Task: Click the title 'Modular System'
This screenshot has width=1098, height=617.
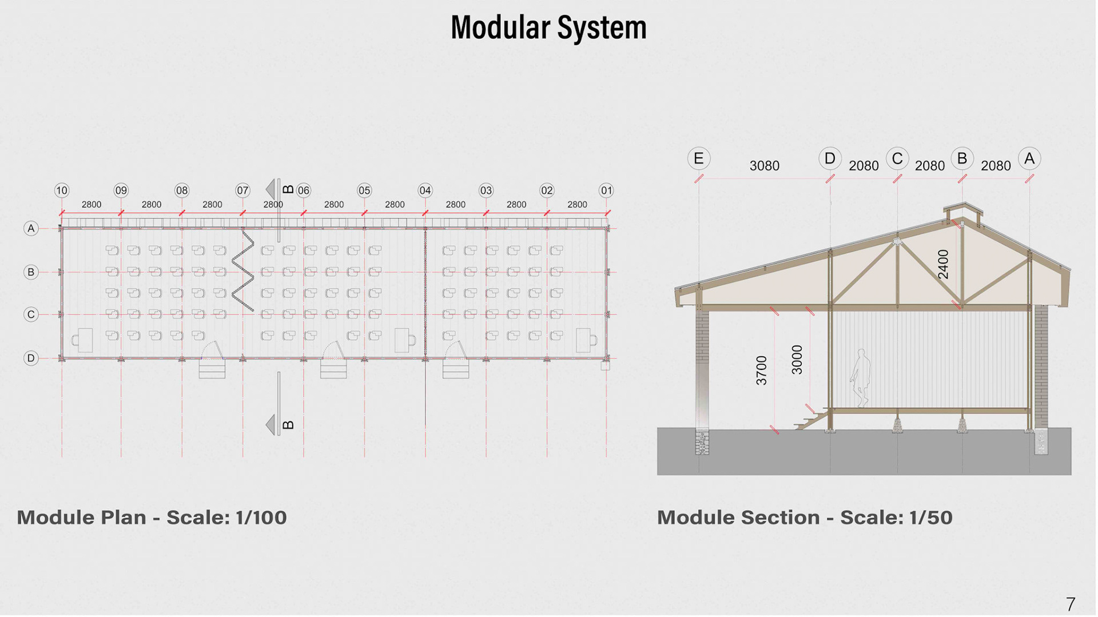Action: coord(548,27)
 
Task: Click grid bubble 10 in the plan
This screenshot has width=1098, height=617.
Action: coord(62,190)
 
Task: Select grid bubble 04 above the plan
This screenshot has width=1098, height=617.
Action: coord(425,190)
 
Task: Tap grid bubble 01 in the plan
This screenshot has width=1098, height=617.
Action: coord(606,190)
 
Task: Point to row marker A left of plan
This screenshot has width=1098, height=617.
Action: coord(31,229)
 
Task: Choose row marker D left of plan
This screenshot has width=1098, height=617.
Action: coord(31,358)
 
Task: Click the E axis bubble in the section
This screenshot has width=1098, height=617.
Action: coord(698,158)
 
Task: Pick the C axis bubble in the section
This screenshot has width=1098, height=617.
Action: coord(897,158)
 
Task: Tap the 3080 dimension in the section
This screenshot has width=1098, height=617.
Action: coord(764,166)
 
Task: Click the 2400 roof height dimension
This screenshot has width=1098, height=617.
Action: coord(943,264)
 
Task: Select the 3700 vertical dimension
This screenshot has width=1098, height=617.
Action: coord(761,371)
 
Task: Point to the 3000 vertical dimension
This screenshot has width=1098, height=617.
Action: coord(797,360)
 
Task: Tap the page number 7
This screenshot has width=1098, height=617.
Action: coord(1071,604)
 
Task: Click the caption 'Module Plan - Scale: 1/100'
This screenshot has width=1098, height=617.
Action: coord(152,518)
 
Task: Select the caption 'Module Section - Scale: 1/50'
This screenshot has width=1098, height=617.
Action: coord(805,518)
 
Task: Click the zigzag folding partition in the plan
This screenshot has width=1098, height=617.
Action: coord(243,271)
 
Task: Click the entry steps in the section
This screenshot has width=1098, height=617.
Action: coord(811,421)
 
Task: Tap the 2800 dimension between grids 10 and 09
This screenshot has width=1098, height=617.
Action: coord(91,205)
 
